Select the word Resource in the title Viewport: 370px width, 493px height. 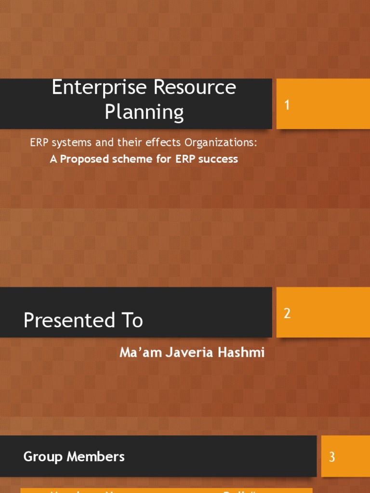pyautogui.click(x=196, y=88)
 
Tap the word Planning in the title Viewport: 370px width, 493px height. pyautogui.click(x=144, y=112)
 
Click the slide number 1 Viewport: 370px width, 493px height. pyautogui.click(x=287, y=105)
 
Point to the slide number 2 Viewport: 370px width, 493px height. pyautogui.click(x=287, y=313)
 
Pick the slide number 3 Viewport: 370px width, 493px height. pyautogui.click(x=332, y=457)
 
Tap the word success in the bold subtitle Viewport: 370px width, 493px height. pyautogui.click(x=218, y=159)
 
